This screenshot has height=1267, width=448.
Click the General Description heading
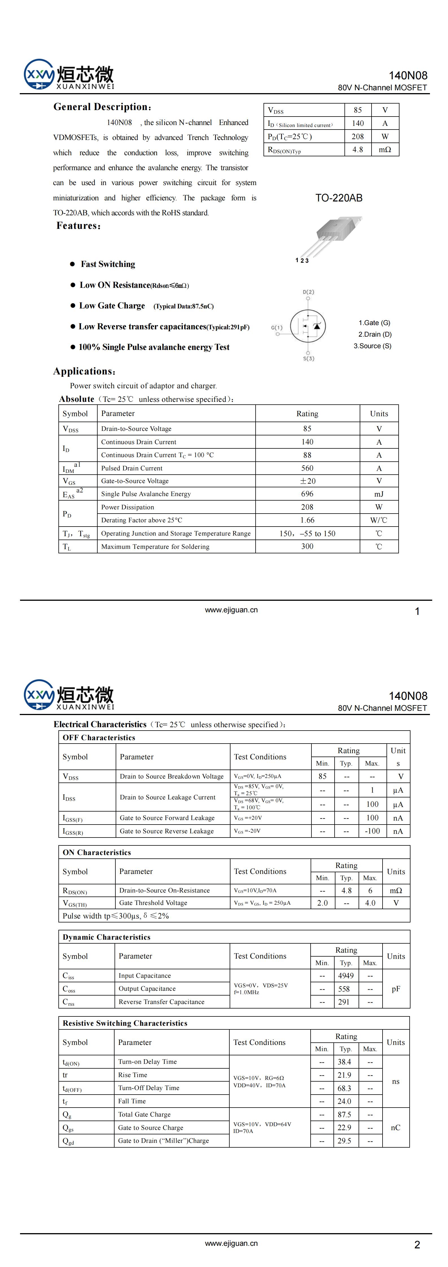102,107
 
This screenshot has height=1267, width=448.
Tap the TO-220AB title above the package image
339,198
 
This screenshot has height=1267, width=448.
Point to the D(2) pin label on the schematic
308,292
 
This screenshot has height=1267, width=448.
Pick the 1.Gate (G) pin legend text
374,323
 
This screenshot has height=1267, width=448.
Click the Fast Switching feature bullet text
108,264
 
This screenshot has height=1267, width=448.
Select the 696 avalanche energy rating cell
307,494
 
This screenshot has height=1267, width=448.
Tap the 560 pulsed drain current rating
307,468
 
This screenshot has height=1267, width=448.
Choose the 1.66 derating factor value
307,520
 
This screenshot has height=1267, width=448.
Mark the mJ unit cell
379,494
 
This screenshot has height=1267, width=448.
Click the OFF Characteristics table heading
99,737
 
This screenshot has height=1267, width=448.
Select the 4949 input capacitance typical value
346,975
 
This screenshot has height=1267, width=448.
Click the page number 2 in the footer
417,1244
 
